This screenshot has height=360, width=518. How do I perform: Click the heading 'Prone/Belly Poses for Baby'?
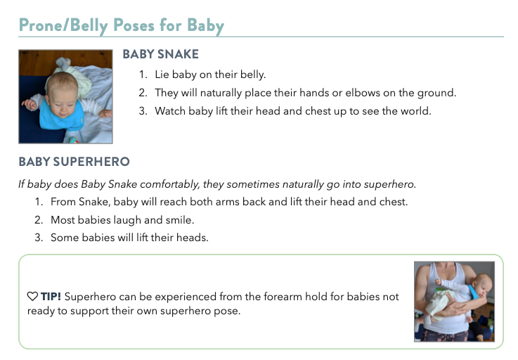[x=121, y=26]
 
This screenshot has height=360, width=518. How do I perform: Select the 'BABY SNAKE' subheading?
[x=160, y=54]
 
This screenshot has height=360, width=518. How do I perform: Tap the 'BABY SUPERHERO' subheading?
[x=74, y=162]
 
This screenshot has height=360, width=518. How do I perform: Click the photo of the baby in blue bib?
[x=65, y=96]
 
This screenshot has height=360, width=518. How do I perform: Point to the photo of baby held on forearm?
[x=453, y=301]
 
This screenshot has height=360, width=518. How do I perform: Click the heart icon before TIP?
[x=32, y=297]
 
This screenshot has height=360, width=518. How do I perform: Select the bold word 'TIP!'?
[x=50, y=297]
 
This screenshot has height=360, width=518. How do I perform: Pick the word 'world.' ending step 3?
[x=415, y=110]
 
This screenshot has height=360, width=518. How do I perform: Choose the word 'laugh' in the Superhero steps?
[x=141, y=219]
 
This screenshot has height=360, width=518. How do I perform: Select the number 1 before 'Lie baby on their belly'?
[x=142, y=74]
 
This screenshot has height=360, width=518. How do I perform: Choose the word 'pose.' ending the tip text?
[x=226, y=311]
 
